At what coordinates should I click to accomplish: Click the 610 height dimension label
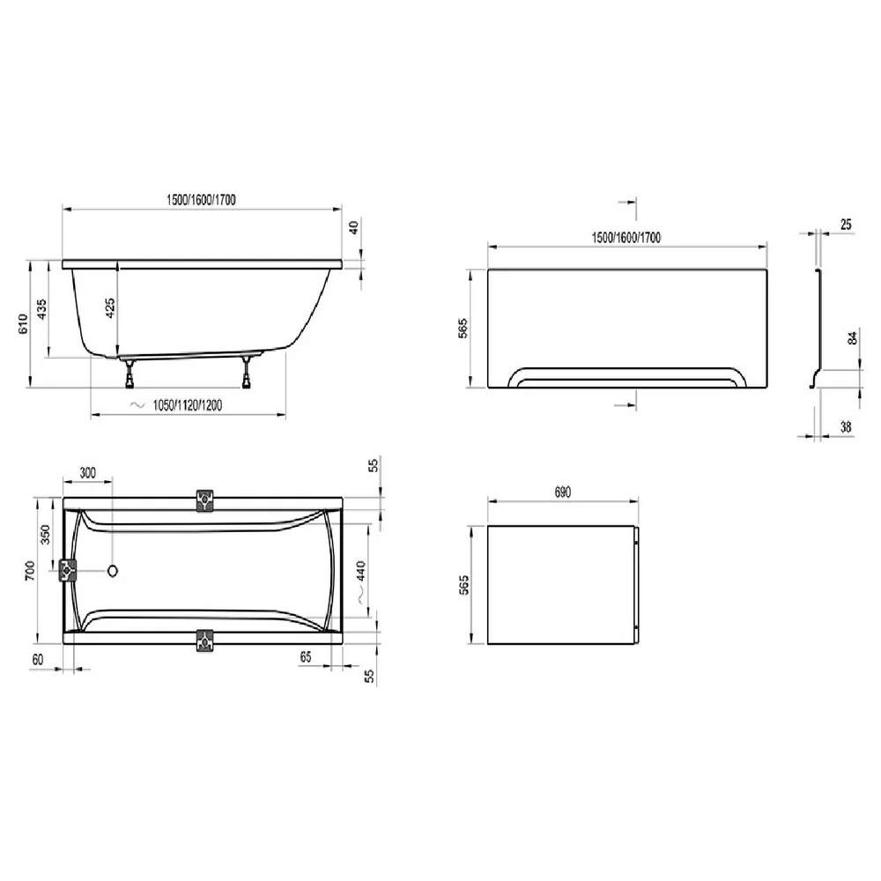(23, 323)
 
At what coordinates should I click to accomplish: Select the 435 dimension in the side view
(41, 309)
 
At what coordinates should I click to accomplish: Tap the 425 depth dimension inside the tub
(110, 307)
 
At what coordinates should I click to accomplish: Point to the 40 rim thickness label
(353, 227)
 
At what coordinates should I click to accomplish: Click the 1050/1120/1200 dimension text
(187, 405)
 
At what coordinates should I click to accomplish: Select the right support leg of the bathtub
(246, 372)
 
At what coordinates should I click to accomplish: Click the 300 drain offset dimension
(87, 472)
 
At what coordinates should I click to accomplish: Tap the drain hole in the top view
(113, 572)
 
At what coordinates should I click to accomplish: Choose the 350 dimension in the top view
(46, 535)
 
